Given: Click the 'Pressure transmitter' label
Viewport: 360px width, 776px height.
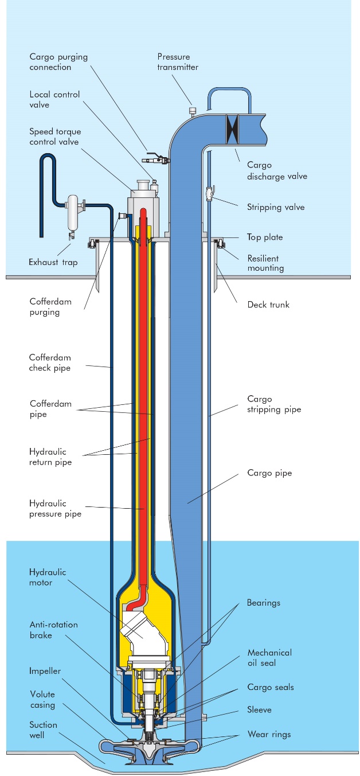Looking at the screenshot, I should pyautogui.click(x=178, y=61).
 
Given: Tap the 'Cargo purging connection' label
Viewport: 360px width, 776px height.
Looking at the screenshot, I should pyautogui.click(x=50, y=62).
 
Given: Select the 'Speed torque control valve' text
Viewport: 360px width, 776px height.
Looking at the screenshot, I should pyautogui.click(x=54, y=137).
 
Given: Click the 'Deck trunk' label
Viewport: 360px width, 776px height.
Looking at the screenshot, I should pyautogui.click(x=268, y=305).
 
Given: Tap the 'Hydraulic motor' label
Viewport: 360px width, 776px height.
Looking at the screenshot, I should pyautogui.click(x=48, y=578).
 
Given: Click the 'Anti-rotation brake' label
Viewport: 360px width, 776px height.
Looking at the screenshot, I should pyautogui.click(x=53, y=630).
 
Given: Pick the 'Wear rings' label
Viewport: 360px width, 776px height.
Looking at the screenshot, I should pyautogui.click(x=269, y=734).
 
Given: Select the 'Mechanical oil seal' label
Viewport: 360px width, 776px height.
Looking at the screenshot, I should pyautogui.click(x=269, y=657).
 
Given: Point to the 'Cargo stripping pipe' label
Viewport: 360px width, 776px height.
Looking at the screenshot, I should pyautogui.click(x=273, y=404).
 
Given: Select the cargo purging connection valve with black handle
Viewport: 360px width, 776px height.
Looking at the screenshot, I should pyautogui.click(x=155, y=160).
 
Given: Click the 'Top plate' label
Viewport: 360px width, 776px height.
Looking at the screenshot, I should pyautogui.click(x=265, y=237).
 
